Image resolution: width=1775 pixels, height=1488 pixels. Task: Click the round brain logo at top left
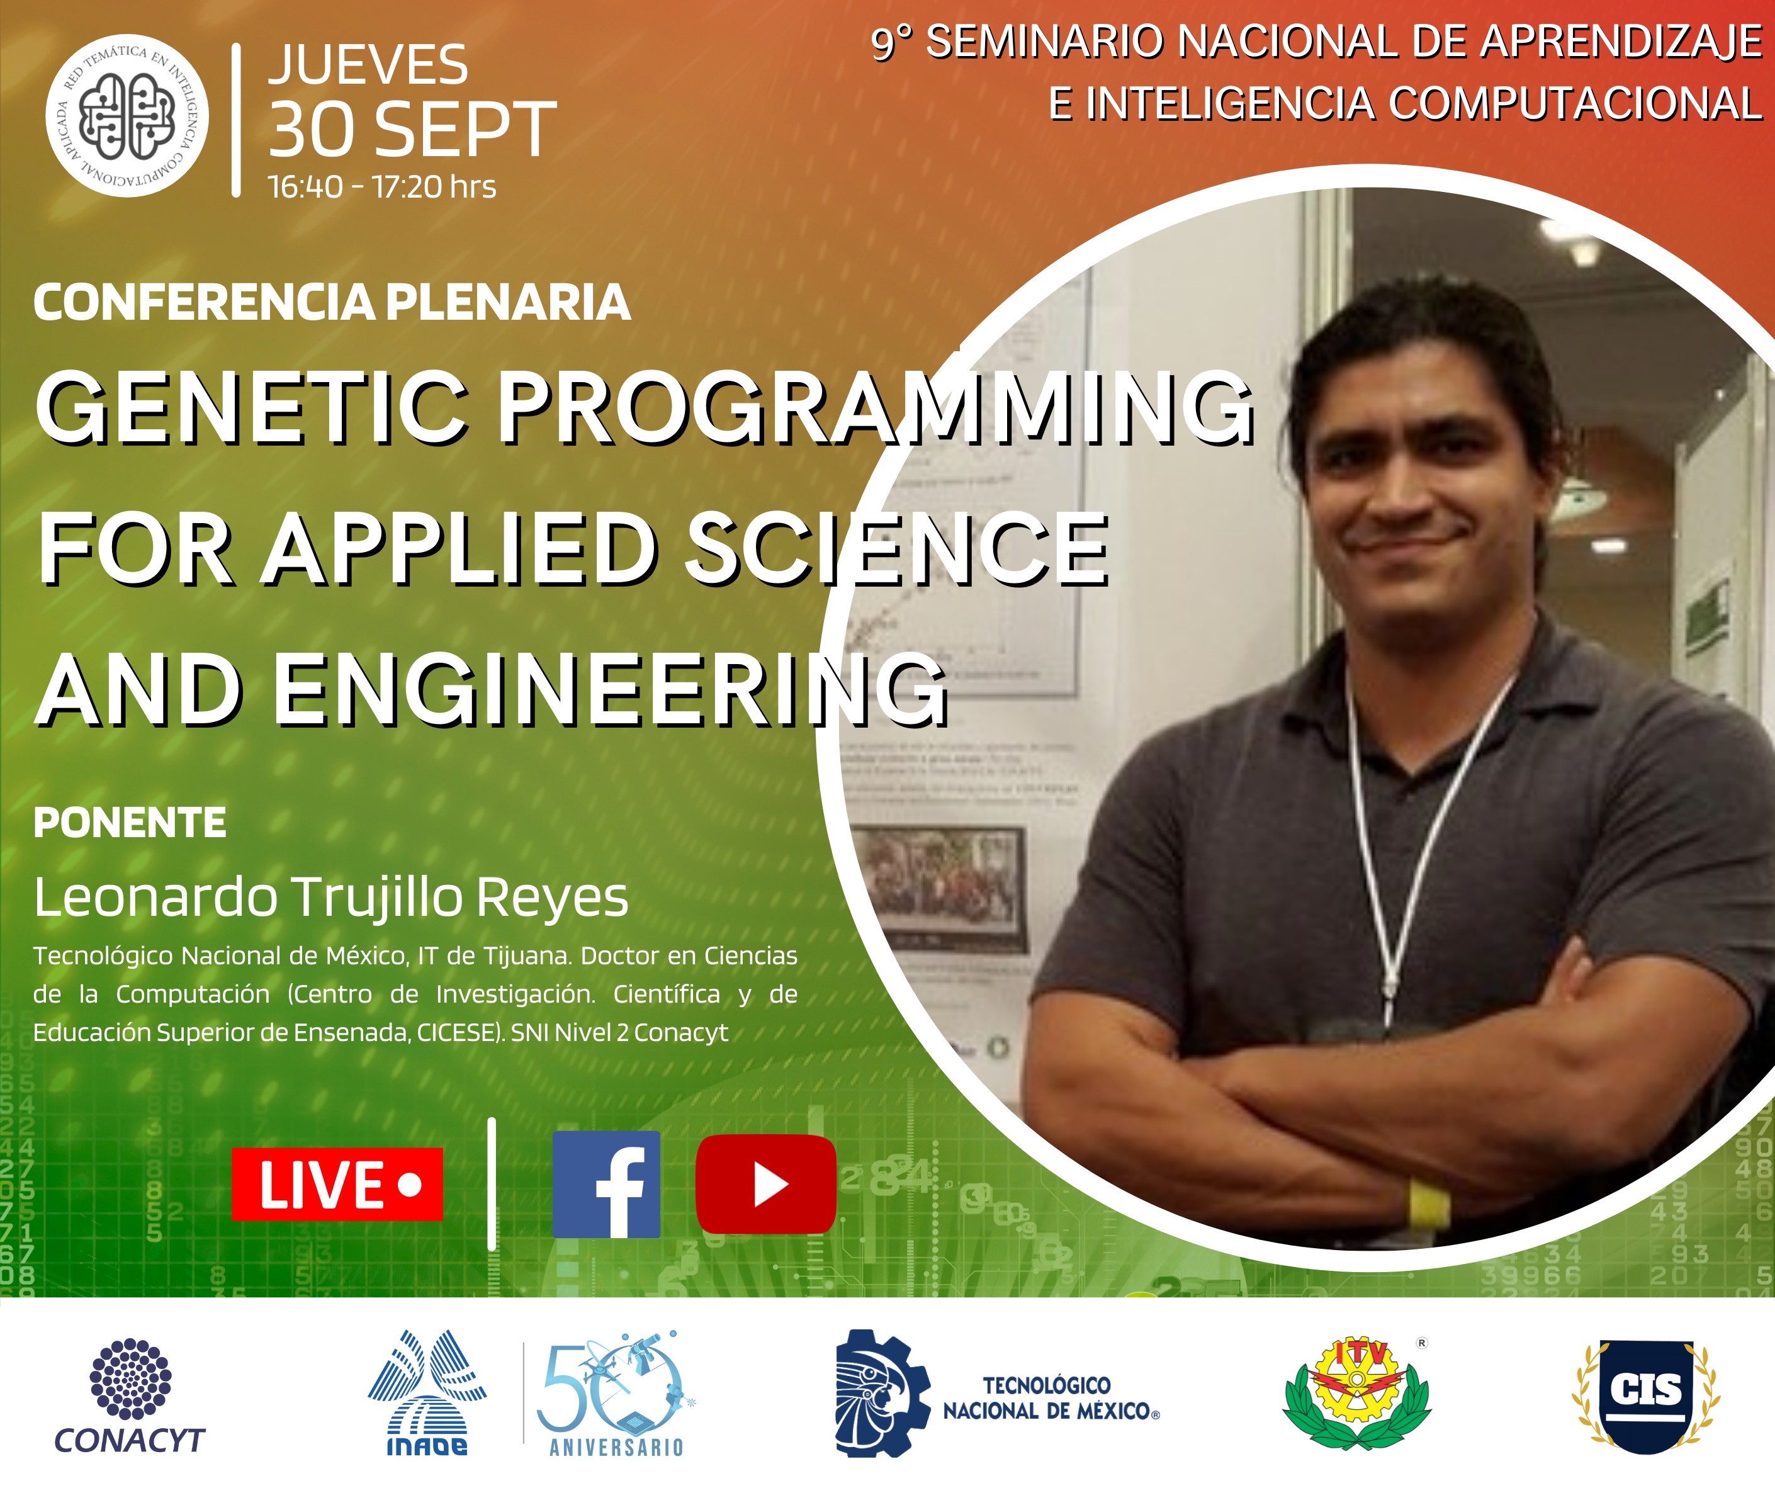[x=127, y=116]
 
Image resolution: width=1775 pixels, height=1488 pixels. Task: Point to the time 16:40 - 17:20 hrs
[x=382, y=187]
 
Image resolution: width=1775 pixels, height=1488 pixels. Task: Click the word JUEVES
[x=368, y=65]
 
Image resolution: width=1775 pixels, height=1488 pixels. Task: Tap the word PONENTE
[x=130, y=823]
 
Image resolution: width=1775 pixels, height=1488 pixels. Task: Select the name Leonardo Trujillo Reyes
[x=331, y=898]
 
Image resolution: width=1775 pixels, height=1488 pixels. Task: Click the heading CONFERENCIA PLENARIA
[x=332, y=302]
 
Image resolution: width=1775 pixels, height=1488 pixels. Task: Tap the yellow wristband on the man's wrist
[x=1429, y=1205]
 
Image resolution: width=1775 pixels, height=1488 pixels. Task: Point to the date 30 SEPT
[x=412, y=130]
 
